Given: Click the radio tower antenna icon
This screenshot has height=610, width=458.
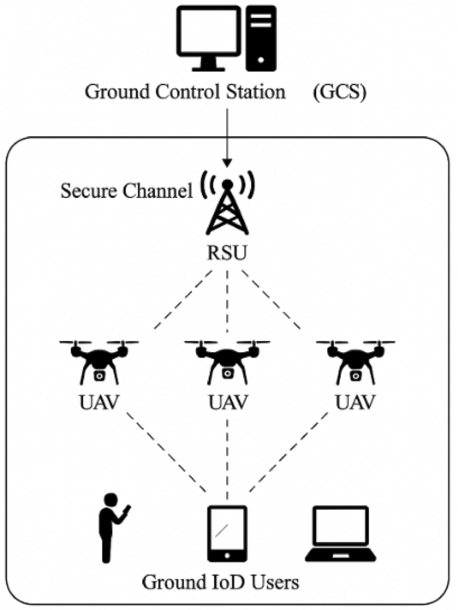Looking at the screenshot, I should click(x=227, y=208).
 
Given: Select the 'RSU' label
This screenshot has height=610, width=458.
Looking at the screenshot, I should click(x=227, y=256).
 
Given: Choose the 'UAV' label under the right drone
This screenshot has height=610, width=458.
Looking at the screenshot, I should click(x=355, y=401).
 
